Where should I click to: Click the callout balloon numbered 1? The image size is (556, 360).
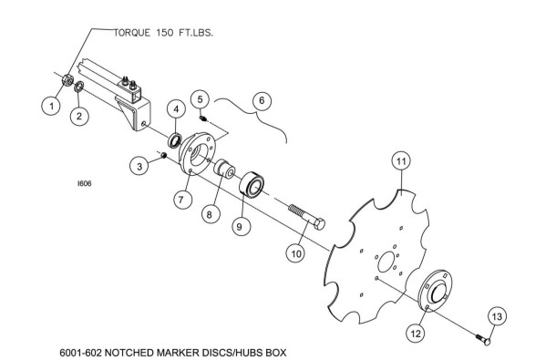[x=52, y=106]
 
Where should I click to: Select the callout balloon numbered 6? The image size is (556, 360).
[x=262, y=100]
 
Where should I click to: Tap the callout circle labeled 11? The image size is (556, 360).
[x=401, y=161]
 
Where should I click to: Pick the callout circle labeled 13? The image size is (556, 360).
[x=497, y=316]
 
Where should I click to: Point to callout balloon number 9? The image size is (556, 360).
[x=240, y=226]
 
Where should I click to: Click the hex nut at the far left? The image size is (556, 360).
[x=67, y=80]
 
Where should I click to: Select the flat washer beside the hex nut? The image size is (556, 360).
[x=79, y=87]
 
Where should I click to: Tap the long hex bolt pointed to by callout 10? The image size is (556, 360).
[x=307, y=217]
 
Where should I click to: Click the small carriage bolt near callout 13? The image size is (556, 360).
[x=483, y=339]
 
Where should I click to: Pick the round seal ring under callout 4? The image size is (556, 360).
[x=175, y=140]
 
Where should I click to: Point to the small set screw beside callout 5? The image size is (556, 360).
[x=203, y=118]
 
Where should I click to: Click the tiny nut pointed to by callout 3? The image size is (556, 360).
[x=164, y=155]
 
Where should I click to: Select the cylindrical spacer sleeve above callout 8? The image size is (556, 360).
[x=224, y=170]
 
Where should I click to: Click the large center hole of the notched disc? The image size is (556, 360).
[x=386, y=262]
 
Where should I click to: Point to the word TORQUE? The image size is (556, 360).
[x=132, y=33]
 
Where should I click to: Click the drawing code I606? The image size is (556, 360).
[x=85, y=183]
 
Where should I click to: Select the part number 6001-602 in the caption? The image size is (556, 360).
[x=80, y=353]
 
